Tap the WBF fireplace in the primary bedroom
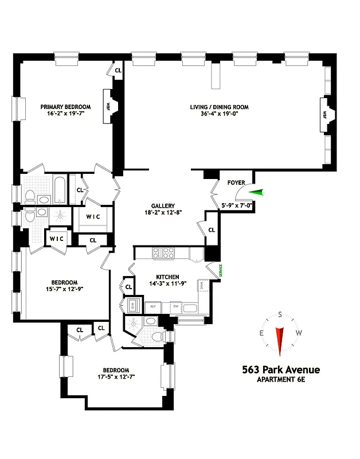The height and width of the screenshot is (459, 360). pyautogui.click(x=108, y=106)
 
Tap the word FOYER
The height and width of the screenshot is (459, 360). pyautogui.click(x=236, y=183)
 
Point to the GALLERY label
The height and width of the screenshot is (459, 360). pyautogui.click(x=163, y=206)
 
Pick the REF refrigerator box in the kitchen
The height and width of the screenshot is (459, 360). pyautogui.click(x=153, y=307)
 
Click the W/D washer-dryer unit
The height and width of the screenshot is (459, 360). pyautogui.click(x=131, y=305)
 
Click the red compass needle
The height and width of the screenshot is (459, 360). pyautogui.click(x=280, y=340)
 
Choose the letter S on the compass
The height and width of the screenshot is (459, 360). pyautogui.click(x=280, y=314)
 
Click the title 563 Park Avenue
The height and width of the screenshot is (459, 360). pyautogui.click(x=280, y=370)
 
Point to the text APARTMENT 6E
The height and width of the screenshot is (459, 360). pyautogui.click(x=280, y=380)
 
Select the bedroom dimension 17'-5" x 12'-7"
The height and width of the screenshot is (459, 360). pyautogui.click(x=116, y=377)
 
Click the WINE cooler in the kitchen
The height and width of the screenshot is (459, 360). pyautogui.click(x=203, y=286)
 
